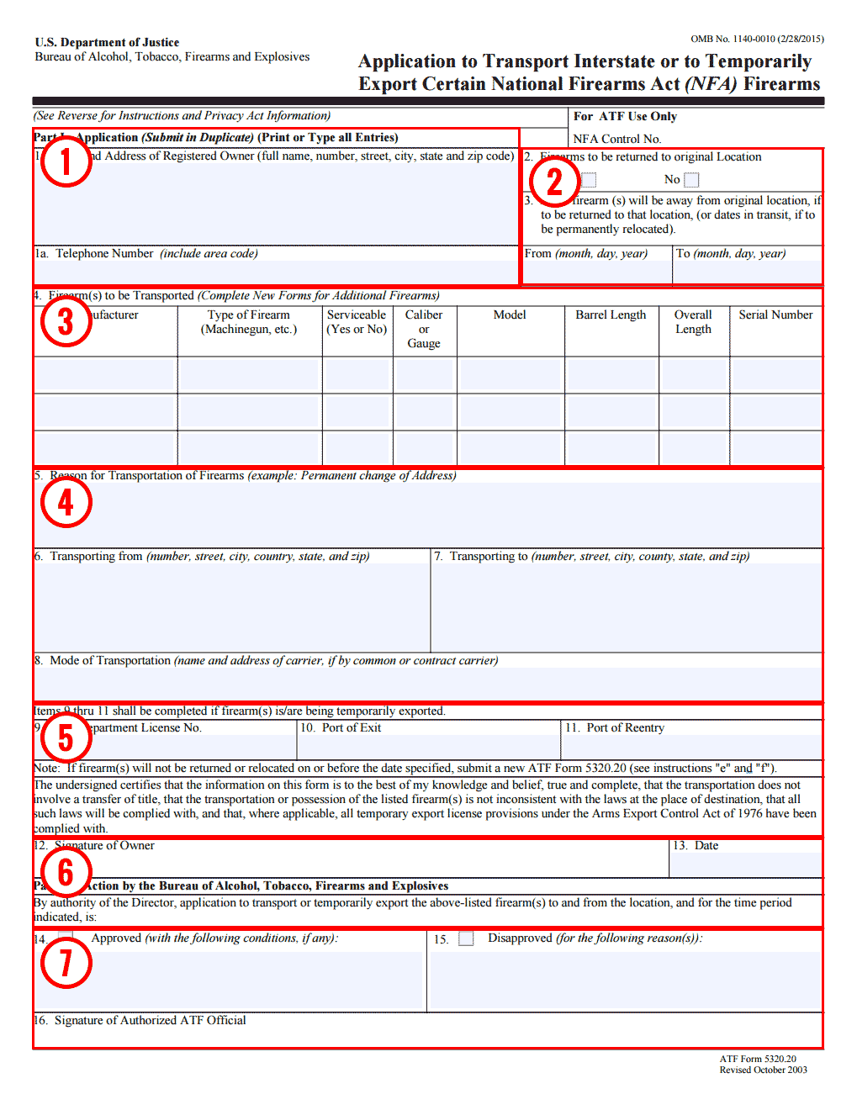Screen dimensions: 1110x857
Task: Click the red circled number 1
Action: pos(66,161)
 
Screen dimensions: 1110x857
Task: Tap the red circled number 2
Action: pos(554,181)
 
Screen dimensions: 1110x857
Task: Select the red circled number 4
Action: pos(66,502)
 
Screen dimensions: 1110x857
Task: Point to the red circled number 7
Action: pos(66,963)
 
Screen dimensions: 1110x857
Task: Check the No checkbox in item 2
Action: pos(691,180)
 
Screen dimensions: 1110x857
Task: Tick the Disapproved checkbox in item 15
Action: pos(466,938)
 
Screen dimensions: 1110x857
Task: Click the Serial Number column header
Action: pos(775,314)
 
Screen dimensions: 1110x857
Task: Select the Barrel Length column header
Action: pos(611,314)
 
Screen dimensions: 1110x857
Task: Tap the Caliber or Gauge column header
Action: pos(424,329)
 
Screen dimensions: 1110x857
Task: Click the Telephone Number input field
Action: pos(276,272)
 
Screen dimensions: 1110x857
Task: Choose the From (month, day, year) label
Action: pos(586,253)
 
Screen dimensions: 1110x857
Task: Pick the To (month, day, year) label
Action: pos(731,253)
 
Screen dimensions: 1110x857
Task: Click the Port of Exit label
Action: pos(341,727)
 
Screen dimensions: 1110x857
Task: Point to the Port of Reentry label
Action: pos(615,727)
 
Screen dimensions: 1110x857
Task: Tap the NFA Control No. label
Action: pos(617,139)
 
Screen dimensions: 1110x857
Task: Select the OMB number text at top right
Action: pos(757,39)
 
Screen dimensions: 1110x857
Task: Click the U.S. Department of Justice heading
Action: pos(107,42)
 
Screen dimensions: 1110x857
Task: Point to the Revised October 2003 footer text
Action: pos(763,1070)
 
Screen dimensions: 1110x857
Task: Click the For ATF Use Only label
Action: pos(625,116)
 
